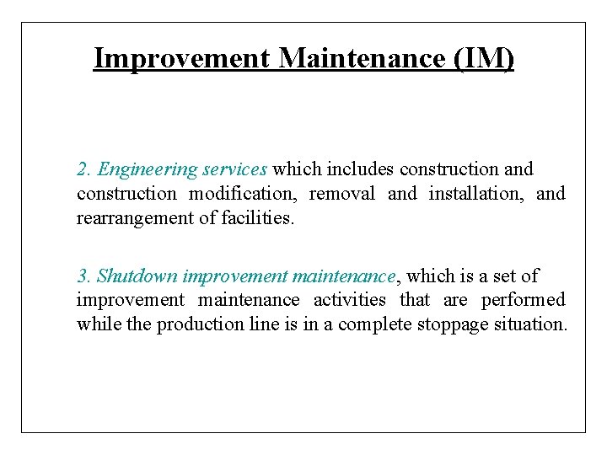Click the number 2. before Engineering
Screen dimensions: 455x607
(x=84, y=169)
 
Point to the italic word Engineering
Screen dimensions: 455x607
(x=147, y=169)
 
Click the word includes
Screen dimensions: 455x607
(x=363, y=169)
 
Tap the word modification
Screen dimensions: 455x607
(x=241, y=194)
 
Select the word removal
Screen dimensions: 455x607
(x=342, y=194)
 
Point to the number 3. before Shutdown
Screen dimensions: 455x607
(x=84, y=276)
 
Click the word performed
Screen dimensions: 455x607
(x=525, y=300)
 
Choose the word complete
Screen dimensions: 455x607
(x=374, y=324)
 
